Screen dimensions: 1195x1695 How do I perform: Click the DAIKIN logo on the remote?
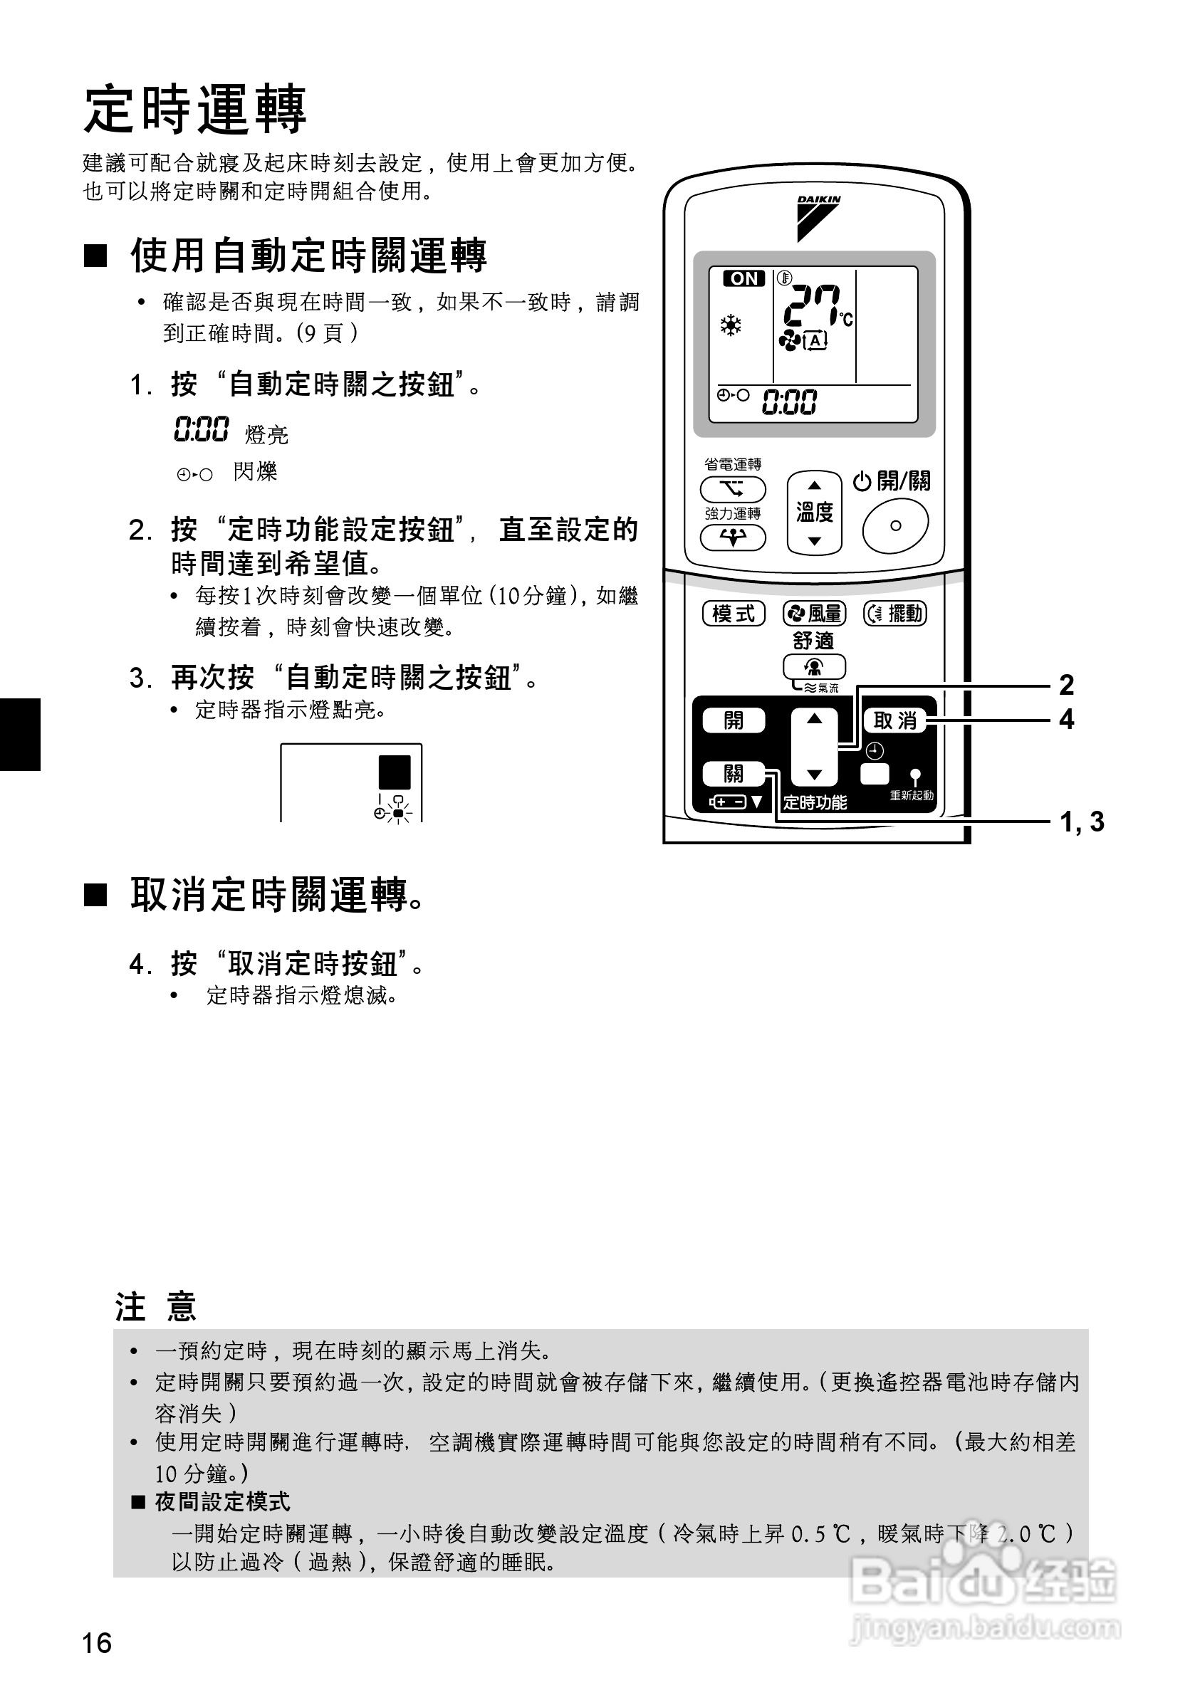pos(818,218)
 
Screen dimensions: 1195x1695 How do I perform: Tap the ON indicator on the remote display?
pos(743,279)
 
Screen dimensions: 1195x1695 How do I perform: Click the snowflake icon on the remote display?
pos(731,325)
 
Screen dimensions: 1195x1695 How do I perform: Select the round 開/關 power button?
pos(895,525)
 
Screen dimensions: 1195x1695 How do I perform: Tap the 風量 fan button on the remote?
pos(815,614)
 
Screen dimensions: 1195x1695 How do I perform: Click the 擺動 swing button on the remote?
pos(895,614)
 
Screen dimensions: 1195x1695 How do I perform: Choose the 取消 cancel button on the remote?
pos(894,720)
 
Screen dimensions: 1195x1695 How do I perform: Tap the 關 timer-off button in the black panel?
pos(734,774)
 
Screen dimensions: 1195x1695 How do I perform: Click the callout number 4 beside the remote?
pos(1067,720)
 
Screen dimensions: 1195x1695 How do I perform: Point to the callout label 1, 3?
pos(1082,822)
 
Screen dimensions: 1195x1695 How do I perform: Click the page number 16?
pos(97,1643)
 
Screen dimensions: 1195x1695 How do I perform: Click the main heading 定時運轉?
pos(195,109)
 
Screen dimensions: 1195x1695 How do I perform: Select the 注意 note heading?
pos(156,1307)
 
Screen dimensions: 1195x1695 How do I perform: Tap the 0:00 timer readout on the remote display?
pos(789,402)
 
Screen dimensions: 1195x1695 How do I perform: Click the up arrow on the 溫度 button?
pos(815,486)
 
